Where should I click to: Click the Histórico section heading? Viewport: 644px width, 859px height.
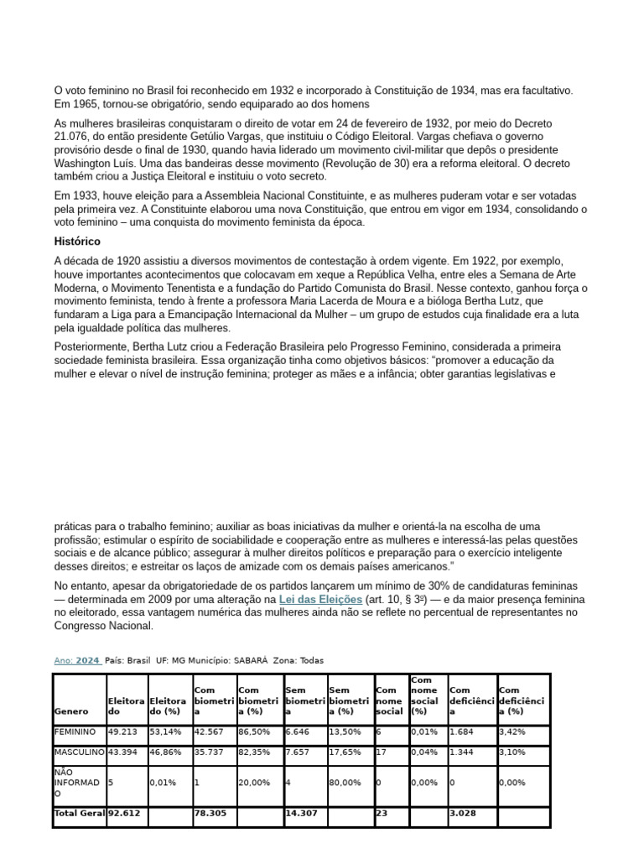point(77,241)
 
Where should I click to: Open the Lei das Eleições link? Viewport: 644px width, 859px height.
point(320,600)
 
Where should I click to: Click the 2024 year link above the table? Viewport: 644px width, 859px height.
point(87,660)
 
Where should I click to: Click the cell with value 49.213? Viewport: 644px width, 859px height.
point(122,731)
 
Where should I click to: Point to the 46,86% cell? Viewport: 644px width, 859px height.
point(165,752)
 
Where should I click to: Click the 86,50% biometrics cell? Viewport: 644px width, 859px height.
point(255,731)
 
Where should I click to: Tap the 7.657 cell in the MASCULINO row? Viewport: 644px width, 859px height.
point(297,752)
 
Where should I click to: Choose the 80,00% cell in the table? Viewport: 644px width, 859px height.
point(345,782)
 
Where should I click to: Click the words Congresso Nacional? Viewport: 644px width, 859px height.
point(104,625)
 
